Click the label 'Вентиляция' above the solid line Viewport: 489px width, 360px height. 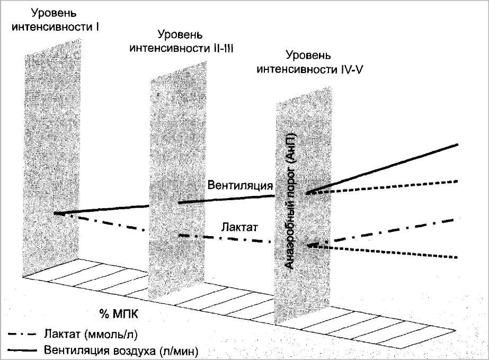(x=240, y=186)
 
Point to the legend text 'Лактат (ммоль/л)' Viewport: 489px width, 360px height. (x=79, y=334)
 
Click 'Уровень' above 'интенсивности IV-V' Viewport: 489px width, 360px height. (x=308, y=56)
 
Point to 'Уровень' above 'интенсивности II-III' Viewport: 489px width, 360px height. (x=180, y=35)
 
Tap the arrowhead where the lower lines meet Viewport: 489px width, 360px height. (x=313, y=245)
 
